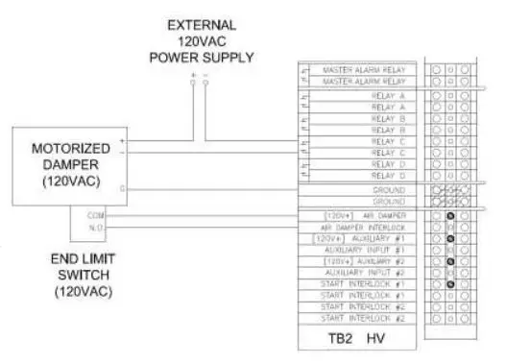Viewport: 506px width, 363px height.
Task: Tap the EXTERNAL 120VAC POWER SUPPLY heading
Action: click(202, 40)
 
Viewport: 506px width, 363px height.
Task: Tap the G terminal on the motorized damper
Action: click(123, 189)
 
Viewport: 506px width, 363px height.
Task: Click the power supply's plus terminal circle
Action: click(193, 84)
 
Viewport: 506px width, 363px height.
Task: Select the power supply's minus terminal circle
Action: click(205, 84)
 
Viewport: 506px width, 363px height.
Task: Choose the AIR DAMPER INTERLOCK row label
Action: click(362, 226)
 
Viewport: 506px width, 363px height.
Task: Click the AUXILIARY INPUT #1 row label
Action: click(365, 250)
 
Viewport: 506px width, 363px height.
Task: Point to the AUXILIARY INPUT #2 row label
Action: click(365, 273)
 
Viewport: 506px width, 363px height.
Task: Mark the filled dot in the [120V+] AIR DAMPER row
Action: click(449, 215)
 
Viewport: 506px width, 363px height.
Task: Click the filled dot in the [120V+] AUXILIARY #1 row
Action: click(449, 238)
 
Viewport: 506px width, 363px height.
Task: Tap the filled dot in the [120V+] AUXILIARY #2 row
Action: click(449, 261)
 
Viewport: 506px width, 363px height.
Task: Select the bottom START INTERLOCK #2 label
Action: click(362, 318)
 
